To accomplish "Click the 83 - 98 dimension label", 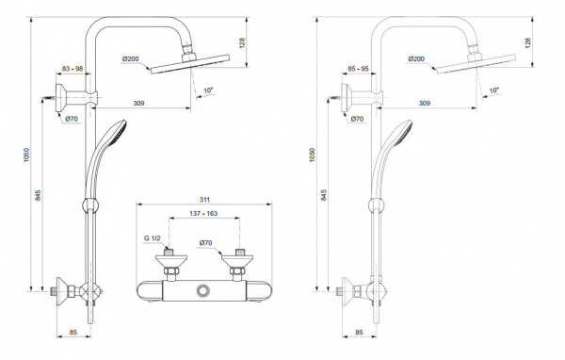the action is click(73, 69).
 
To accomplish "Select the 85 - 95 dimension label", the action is click(358, 69).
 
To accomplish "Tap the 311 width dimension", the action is click(204, 200).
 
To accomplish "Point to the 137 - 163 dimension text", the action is click(203, 214).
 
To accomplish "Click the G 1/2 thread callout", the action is click(152, 238).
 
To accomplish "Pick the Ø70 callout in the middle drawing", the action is click(205, 243).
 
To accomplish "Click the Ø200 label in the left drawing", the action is click(130, 58).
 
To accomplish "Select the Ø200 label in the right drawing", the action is click(416, 58).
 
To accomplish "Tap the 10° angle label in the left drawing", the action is click(208, 90).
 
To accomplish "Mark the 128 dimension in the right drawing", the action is click(528, 43).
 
